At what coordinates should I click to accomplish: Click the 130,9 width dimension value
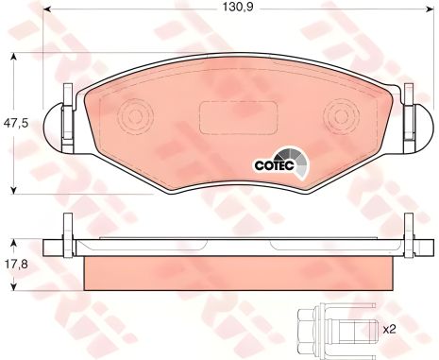click(238, 8)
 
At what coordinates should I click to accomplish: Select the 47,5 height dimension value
click(16, 123)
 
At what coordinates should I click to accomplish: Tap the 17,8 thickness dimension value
click(16, 264)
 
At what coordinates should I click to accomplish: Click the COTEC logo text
click(274, 165)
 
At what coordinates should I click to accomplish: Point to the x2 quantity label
click(389, 330)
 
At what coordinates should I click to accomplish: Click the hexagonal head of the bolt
click(307, 330)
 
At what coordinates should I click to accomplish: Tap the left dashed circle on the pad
click(136, 116)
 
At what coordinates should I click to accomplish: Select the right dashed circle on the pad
click(342, 116)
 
